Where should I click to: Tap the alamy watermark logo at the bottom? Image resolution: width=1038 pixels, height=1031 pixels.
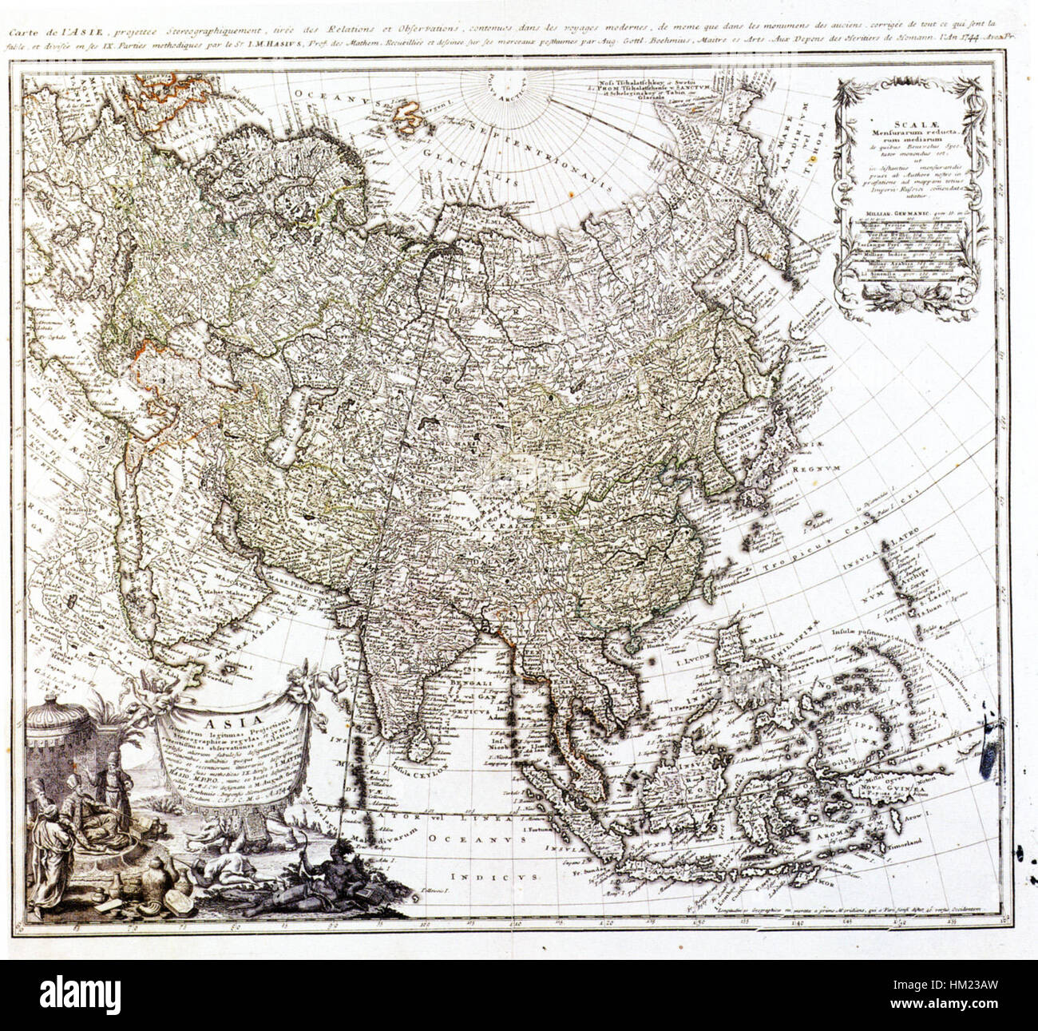tap(88, 995)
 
